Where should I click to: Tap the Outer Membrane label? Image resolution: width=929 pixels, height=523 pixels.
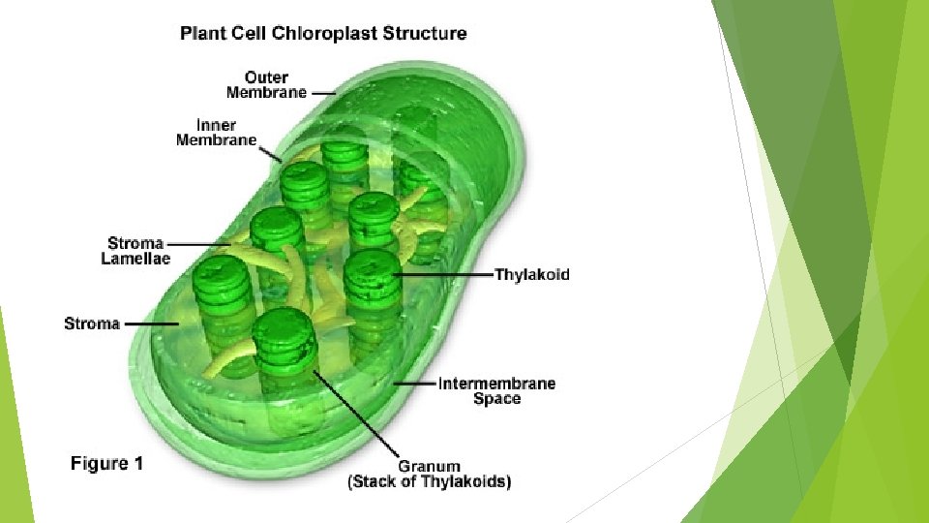[x=265, y=84]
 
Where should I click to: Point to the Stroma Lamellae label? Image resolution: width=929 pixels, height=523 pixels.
[x=136, y=251]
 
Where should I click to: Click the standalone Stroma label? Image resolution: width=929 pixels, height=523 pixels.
[x=92, y=323]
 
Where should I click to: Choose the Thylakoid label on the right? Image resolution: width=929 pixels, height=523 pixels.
[x=532, y=274]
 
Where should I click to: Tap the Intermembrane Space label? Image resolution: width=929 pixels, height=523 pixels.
[x=496, y=390]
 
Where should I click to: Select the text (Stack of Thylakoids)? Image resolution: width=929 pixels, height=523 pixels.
[x=429, y=481]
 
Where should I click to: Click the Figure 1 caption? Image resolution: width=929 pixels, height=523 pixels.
[x=106, y=464]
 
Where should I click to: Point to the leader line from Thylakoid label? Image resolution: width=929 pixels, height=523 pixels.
[x=445, y=275]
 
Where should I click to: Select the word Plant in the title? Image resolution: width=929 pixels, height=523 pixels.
[x=202, y=34]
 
